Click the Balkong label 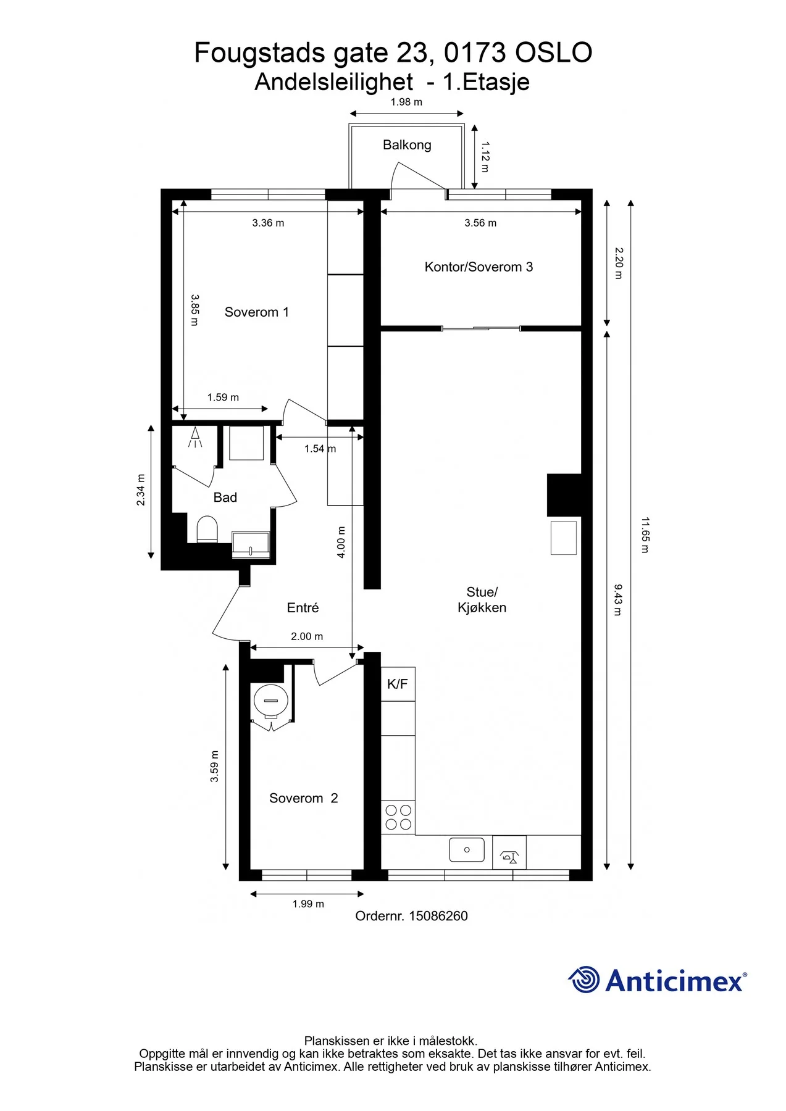pos(407,145)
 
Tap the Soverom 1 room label pos(256,312)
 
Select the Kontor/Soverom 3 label pos(479,267)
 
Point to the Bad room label pos(225,497)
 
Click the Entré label pos(303,608)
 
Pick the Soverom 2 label pos(303,799)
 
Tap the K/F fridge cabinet pos(398,684)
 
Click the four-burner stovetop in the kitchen pos(398,817)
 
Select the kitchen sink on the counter pos(467,850)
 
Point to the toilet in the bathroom pos(207,530)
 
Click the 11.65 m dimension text pos(645,535)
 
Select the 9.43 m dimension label pos(618,600)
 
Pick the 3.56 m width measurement pos(480,223)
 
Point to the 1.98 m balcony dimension pos(406,102)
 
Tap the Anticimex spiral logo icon pos(583,980)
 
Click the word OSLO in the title pos(553,53)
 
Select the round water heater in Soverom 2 pos(270,701)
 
